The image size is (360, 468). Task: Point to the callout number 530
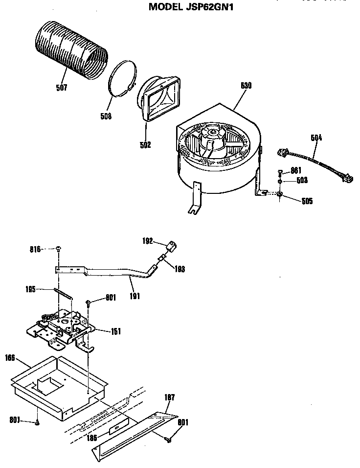(246, 86)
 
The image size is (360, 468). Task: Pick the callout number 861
(295, 170)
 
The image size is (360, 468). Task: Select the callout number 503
(302, 181)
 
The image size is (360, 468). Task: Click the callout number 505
(307, 201)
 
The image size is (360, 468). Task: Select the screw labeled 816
(58, 250)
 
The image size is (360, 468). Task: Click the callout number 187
(170, 397)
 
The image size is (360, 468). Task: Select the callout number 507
(62, 88)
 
